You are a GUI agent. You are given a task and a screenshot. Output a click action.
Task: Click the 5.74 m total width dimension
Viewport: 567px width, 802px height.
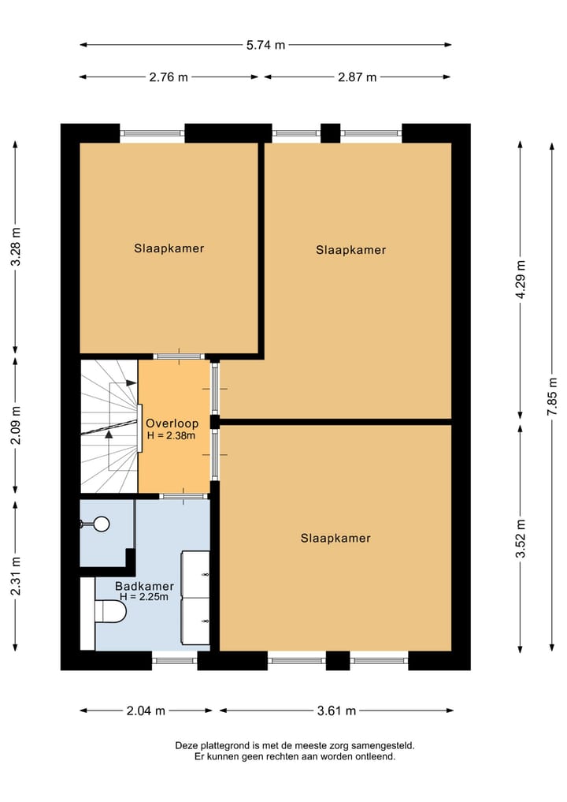coord(265,45)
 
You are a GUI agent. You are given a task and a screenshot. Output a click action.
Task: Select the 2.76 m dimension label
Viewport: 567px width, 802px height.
coord(169,77)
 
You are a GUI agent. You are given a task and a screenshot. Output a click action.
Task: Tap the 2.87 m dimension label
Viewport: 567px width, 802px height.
coord(358,77)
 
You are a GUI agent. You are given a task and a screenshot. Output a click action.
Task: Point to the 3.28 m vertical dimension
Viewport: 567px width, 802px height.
coord(15,248)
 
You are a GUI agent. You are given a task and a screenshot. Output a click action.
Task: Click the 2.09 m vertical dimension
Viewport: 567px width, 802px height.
coord(15,425)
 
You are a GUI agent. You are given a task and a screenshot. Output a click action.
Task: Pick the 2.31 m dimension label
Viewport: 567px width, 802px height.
coord(15,575)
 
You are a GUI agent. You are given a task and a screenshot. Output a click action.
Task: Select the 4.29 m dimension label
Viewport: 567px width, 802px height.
coord(520,281)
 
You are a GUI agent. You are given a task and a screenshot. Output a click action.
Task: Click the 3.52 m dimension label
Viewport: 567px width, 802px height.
coord(520,539)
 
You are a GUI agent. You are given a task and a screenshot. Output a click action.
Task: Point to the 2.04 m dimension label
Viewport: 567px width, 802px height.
coord(146,711)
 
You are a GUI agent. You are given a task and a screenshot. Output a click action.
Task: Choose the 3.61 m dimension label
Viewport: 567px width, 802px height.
coord(336,711)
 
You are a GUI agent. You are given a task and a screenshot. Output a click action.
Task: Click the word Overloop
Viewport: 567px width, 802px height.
coord(172,423)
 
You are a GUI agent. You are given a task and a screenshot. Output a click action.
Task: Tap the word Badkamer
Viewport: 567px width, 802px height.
coord(144,586)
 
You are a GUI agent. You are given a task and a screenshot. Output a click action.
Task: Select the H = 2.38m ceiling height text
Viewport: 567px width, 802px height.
coord(172,435)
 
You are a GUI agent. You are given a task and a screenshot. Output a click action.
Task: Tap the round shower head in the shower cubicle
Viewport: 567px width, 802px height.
coord(101,522)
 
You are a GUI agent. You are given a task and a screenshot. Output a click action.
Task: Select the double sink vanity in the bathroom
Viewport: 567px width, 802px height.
coord(196,598)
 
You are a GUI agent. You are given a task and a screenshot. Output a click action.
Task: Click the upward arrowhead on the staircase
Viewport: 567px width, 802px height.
coord(109,432)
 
